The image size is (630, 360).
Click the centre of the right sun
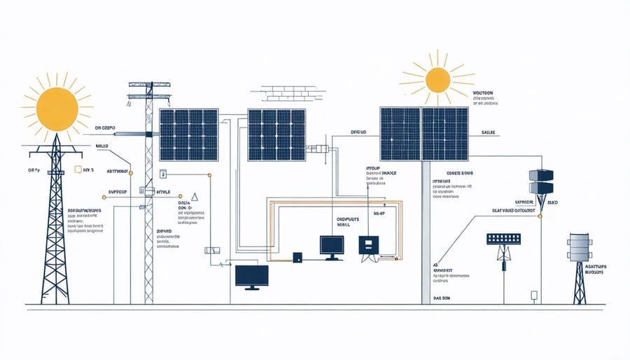pos(437,80)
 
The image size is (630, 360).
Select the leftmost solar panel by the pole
pos(188,134)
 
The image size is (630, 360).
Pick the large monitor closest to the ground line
pos(252,276)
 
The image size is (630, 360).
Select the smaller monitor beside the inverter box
pos(332,245)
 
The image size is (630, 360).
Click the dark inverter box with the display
pos(368,244)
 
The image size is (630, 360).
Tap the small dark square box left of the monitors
pos(297,257)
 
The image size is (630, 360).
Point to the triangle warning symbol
pos(195,198)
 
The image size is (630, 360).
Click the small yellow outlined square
pos(78,169)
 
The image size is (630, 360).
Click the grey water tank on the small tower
pos(578,247)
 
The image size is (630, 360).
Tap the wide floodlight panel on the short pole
pos(503,238)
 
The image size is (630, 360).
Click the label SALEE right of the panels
pos(489,132)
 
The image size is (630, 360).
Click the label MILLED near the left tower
pos(103,146)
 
